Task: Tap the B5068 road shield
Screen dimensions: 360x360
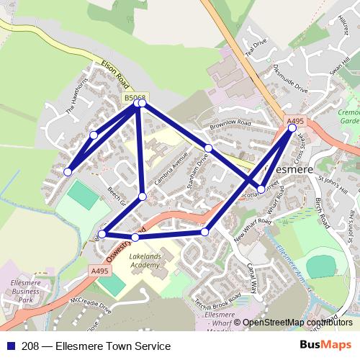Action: [x=135, y=96]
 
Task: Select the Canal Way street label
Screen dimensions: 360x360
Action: [x=251, y=277]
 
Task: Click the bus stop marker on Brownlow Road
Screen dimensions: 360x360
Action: [x=208, y=148]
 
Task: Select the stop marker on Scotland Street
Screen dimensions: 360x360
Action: [x=261, y=190]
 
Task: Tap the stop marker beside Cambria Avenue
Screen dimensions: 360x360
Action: [x=143, y=197]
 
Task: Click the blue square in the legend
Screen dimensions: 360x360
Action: [x=11, y=346]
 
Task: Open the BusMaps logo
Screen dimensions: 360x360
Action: [x=321, y=345]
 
